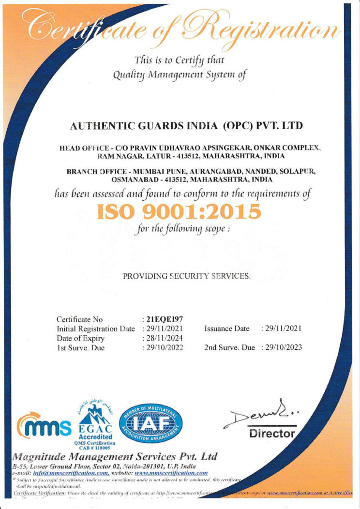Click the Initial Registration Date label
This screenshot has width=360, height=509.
[x=95, y=329]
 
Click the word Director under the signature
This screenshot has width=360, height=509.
[x=272, y=434]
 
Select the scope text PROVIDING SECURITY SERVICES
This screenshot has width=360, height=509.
[x=187, y=276]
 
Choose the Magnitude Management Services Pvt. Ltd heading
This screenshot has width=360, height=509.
[x=114, y=457]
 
